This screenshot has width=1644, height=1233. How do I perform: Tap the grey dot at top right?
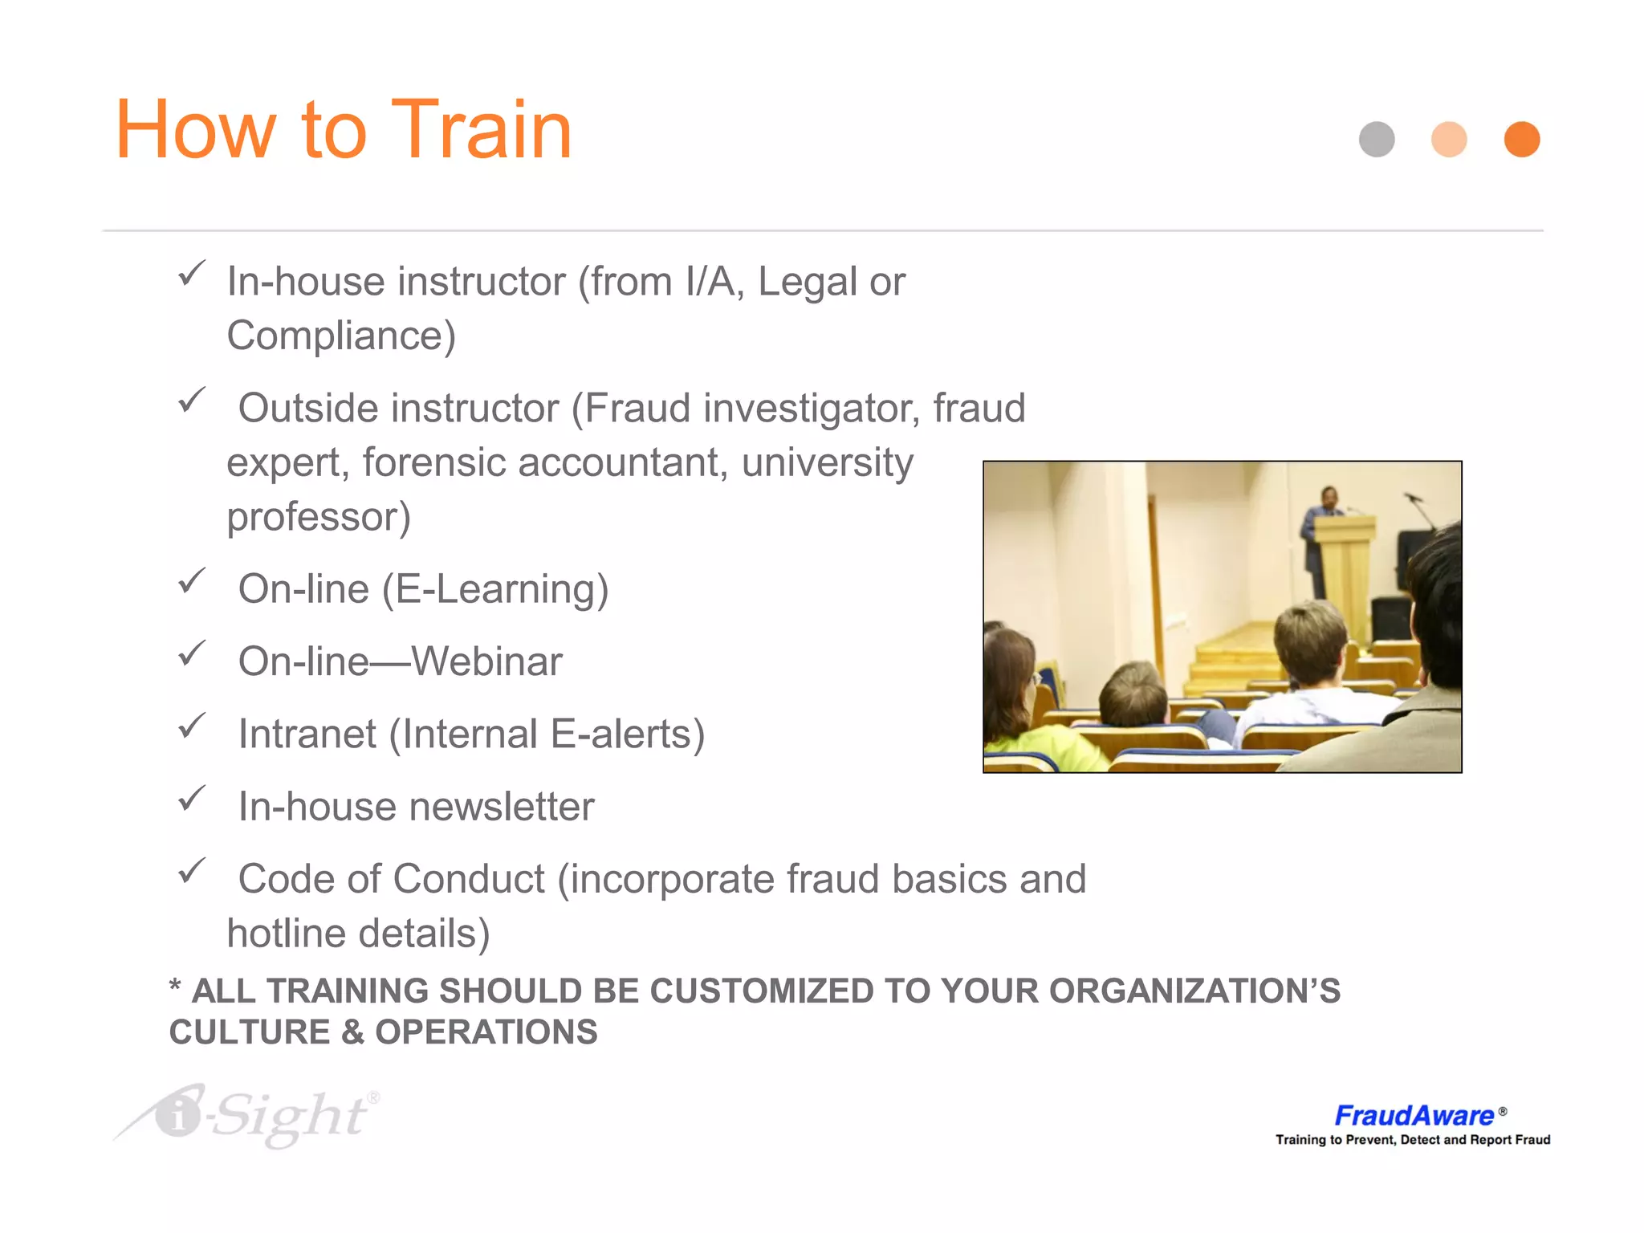click(1377, 140)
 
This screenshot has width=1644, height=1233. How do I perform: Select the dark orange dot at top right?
click(1521, 140)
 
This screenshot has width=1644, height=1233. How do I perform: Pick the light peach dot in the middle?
click(1449, 140)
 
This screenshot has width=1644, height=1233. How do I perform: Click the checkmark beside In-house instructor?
click(192, 273)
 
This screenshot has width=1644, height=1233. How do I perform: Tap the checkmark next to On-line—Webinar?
click(192, 653)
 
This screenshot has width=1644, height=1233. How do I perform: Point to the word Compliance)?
click(341, 336)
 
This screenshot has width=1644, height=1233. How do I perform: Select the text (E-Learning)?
click(494, 590)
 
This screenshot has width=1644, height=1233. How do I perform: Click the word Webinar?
click(486, 662)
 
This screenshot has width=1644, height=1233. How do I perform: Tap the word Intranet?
click(307, 735)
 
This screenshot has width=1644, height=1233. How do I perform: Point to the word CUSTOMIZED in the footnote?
click(761, 991)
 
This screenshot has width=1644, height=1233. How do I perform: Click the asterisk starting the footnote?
click(175, 987)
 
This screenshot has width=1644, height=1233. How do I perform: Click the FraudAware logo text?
click(1414, 1115)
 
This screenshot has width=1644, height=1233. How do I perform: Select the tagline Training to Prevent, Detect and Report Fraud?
click(1413, 1140)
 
